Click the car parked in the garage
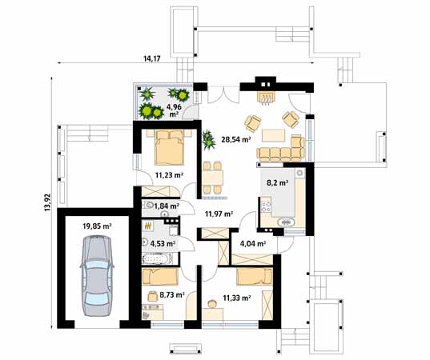point(97,276)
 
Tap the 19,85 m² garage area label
point(97,226)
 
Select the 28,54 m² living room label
point(236,139)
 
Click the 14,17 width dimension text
point(151,58)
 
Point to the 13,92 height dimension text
point(48,202)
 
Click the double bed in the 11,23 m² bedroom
point(169,147)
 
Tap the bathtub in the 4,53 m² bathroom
point(158,259)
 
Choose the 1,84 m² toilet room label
point(167,206)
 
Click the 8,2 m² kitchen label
point(278,182)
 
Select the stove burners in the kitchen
point(266,206)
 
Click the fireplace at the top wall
point(265,98)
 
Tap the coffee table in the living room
point(273,135)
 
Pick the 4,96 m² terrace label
point(174,110)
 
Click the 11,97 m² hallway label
point(219,214)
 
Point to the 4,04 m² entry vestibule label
point(253,243)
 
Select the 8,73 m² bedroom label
point(172,294)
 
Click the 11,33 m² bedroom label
point(237,298)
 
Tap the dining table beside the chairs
point(213,178)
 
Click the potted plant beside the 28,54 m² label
point(208,140)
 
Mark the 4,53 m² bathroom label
point(163,243)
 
